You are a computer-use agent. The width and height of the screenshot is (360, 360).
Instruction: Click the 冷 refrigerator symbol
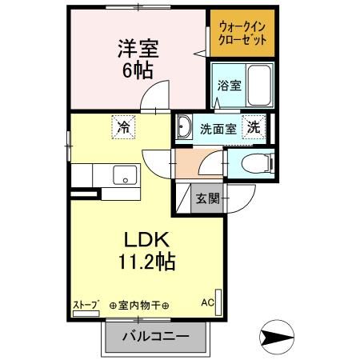pyautogui.click(x=123, y=126)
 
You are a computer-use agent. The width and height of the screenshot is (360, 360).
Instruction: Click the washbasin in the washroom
pyautogui.click(x=184, y=126)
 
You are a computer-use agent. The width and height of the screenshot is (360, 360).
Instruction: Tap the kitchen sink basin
pyautogui.click(x=123, y=174)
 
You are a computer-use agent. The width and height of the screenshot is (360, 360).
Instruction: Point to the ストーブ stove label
pyautogui.click(x=86, y=304)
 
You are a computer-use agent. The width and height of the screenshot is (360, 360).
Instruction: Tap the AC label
pyautogui.click(x=207, y=304)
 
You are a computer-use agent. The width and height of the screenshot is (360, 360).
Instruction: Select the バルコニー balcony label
pyautogui.click(x=155, y=337)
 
